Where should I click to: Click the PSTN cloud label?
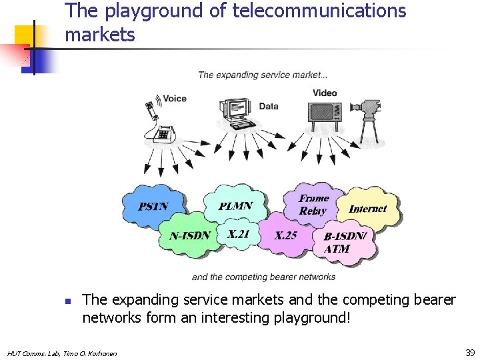pos(153,207)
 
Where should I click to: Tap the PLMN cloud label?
pos(235,206)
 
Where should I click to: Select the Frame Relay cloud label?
pos(313,204)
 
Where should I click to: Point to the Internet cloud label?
pos(367,209)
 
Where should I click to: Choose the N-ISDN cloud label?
pos(190,235)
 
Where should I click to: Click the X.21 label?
pos(238,234)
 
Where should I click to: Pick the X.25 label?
pos(285,235)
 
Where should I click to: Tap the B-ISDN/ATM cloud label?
pos(344,242)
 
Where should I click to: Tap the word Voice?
pos(175,99)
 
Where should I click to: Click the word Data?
pos(268,106)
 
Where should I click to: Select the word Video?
pos(325,93)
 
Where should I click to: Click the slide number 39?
pos(470,352)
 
